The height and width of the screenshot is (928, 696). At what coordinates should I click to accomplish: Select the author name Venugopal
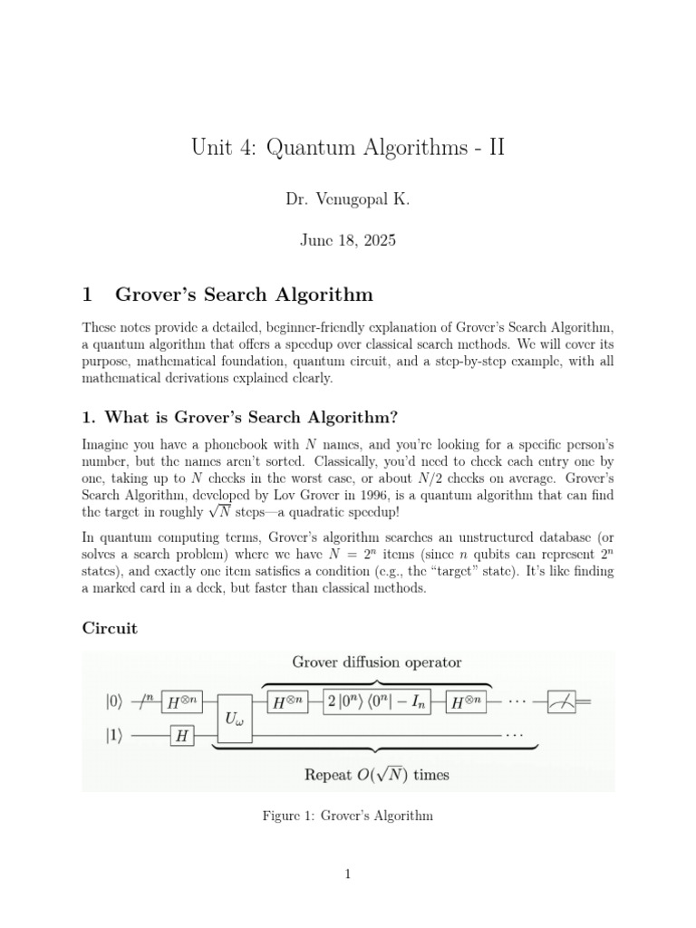pos(354,201)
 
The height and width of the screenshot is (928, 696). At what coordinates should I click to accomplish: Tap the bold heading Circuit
pos(110,629)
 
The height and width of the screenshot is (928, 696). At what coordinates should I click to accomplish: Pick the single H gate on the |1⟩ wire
pos(183,736)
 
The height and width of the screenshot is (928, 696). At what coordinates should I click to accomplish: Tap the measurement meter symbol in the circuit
pos(563,700)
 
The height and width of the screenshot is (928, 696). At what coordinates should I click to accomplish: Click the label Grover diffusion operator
pos(376,662)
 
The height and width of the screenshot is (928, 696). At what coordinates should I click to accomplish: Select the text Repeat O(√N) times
pos(376,774)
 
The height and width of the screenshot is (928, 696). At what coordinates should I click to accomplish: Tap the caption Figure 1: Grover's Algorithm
pos(347,817)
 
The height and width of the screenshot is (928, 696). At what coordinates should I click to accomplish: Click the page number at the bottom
pos(348,874)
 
